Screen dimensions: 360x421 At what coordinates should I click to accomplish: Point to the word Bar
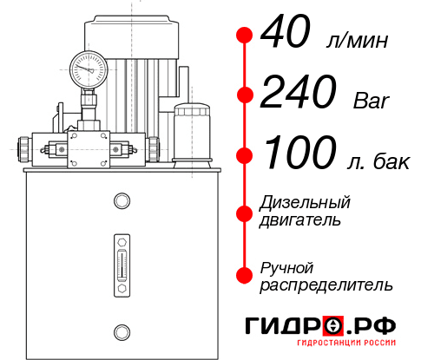click(372, 101)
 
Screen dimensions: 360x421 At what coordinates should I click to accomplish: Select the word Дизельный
click(306, 202)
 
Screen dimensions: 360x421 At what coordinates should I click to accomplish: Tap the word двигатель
click(300, 219)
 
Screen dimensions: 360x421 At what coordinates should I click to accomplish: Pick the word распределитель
click(326, 285)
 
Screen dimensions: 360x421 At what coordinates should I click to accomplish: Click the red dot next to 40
click(245, 36)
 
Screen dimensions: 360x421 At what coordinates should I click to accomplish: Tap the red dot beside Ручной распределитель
click(245, 275)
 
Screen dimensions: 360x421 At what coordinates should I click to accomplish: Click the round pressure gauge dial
click(88, 65)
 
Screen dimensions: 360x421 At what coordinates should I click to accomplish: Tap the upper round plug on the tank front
click(121, 201)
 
